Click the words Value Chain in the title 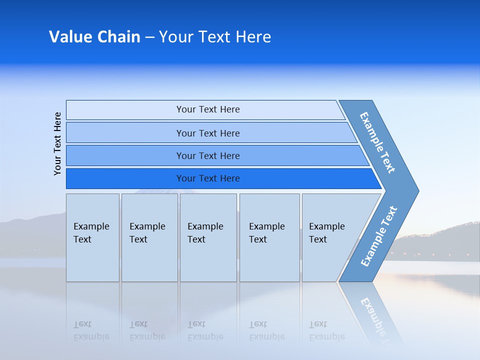(x=94, y=37)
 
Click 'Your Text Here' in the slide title (x=215, y=37)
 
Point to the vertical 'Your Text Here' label (x=58, y=143)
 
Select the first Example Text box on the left (x=92, y=237)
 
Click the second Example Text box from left (x=149, y=237)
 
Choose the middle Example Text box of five (x=208, y=237)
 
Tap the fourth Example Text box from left (x=269, y=237)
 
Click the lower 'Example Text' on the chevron (x=378, y=236)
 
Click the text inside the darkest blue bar (x=208, y=178)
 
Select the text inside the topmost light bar (x=208, y=109)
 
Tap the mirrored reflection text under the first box (x=91, y=330)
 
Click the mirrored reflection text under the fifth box (x=326, y=330)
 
